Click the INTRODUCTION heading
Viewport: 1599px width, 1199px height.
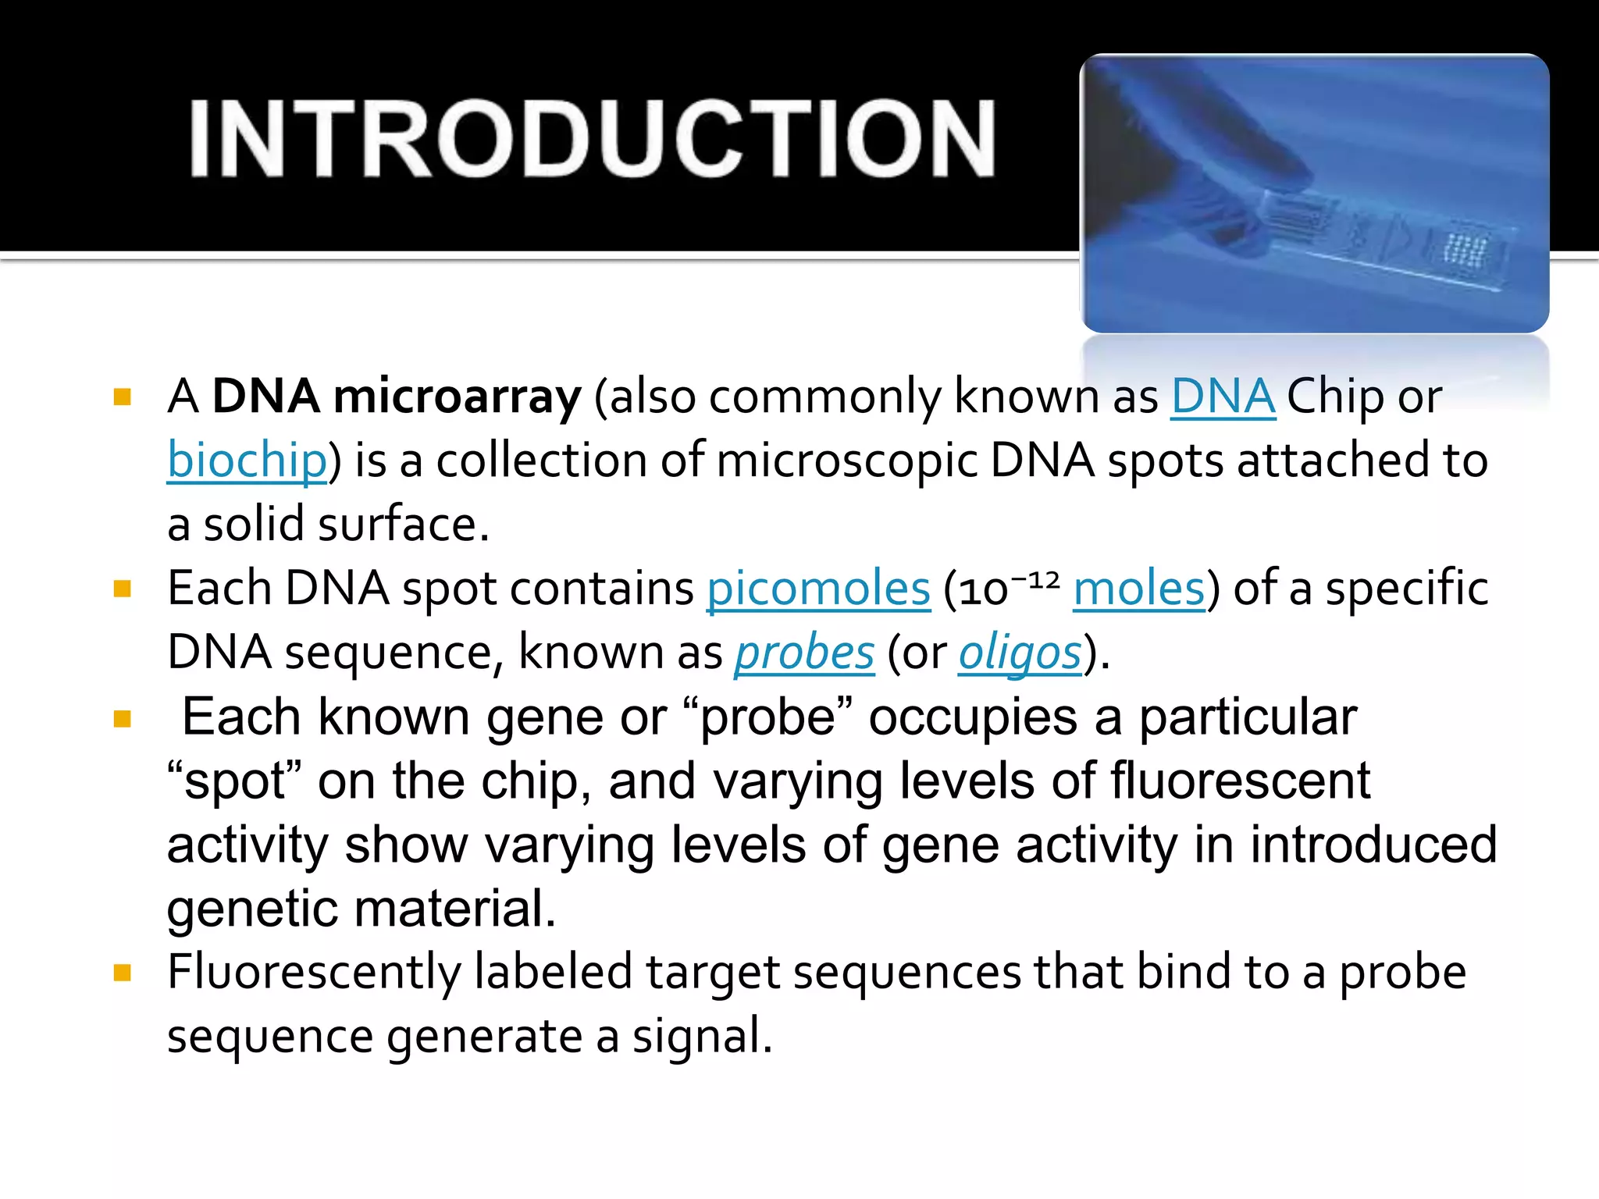[x=592, y=139]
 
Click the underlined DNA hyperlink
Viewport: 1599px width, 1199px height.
[x=1223, y=397]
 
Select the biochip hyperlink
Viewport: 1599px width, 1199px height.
[x=247, y=461]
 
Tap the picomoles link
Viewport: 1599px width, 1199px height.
[x=818, y=589]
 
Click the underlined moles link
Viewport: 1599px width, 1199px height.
[x=1139, y=589]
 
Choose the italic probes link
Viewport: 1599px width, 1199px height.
[x=804, y=653]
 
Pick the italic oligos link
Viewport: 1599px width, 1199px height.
[x=1020, y=653]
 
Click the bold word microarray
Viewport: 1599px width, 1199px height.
[x=457, y=397]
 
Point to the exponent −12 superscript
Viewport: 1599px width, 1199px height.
[x=1035, y=579]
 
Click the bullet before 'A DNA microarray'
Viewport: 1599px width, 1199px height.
[x=123, y=397]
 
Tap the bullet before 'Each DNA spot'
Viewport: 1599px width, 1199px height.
[x=123, y=589]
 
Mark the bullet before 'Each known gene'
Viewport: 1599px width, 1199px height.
[x=123, y=718]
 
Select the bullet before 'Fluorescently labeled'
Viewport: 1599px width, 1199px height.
[x=123, y=973]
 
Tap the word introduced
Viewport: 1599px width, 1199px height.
[x=1373, y=845]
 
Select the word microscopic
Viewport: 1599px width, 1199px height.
[x=846, y=461]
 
